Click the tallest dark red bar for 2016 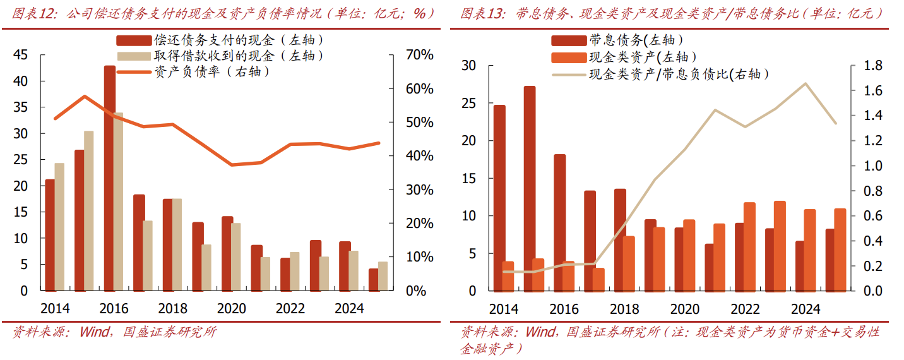[x=110, y=178]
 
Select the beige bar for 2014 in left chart [x=59, y=227]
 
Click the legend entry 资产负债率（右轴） [x=212, y=72]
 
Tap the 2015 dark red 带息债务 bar [x=530, y=189]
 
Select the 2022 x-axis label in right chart [x=745, y=309]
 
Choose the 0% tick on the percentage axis [x=419, y=291]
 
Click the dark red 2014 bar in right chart [x=499, y=198]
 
